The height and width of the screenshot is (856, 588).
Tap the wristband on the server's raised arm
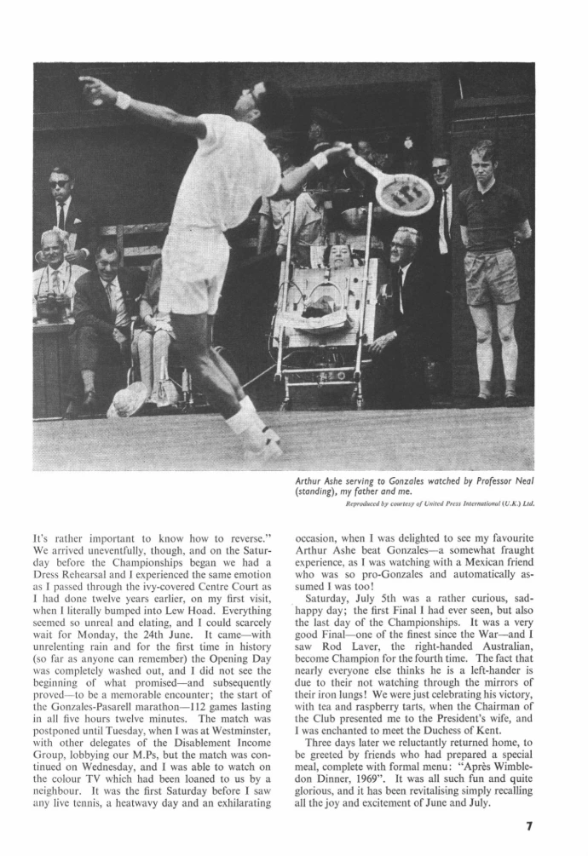(x=124, y=101)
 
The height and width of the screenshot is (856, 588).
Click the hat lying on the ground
(x=130, y=399)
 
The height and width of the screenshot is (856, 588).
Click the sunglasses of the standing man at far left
(x=59, y=183)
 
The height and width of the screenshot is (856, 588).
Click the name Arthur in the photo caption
(x=308, y=482)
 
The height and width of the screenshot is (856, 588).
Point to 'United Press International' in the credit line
(x=443, y=503)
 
